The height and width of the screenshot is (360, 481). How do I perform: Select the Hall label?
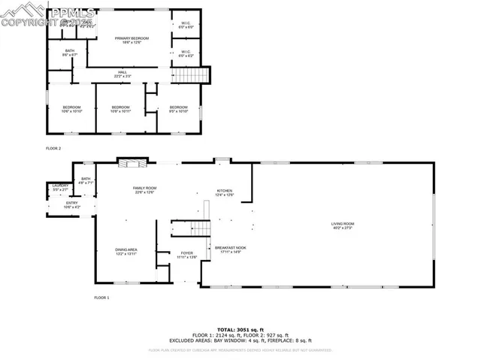[x=122, y=74]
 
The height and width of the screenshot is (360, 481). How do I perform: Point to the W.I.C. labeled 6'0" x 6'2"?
[x=185, y=53]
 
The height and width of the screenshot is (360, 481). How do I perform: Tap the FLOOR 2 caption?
[x=53, y=149]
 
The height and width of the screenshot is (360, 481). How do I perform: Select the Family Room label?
[x=144, y=189]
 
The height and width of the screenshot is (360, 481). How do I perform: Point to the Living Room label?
[x=342, y=225]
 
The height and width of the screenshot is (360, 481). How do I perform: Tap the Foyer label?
[x=186, y=255]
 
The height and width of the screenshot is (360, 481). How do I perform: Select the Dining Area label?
[x=126, y=251]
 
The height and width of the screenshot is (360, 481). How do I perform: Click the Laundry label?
[x=60, y=187]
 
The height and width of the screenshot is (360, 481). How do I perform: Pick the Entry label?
[x=71, y=204]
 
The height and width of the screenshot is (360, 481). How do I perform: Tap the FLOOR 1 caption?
[x=101, y=298]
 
